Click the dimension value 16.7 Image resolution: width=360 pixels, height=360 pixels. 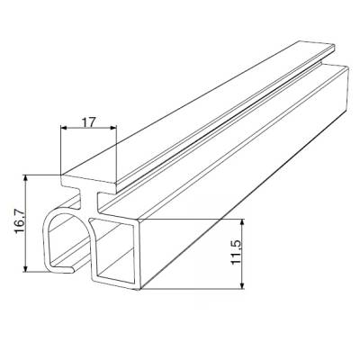pos(14,222)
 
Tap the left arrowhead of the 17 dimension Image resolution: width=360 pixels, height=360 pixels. pos(64,131)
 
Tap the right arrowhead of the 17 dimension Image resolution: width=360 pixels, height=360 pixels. pos(114,131)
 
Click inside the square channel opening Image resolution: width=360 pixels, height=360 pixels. pos(115,256)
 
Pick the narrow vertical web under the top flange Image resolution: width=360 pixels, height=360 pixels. pos(90,202)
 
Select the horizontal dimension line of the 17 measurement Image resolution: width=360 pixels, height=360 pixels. pos(89,131)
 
